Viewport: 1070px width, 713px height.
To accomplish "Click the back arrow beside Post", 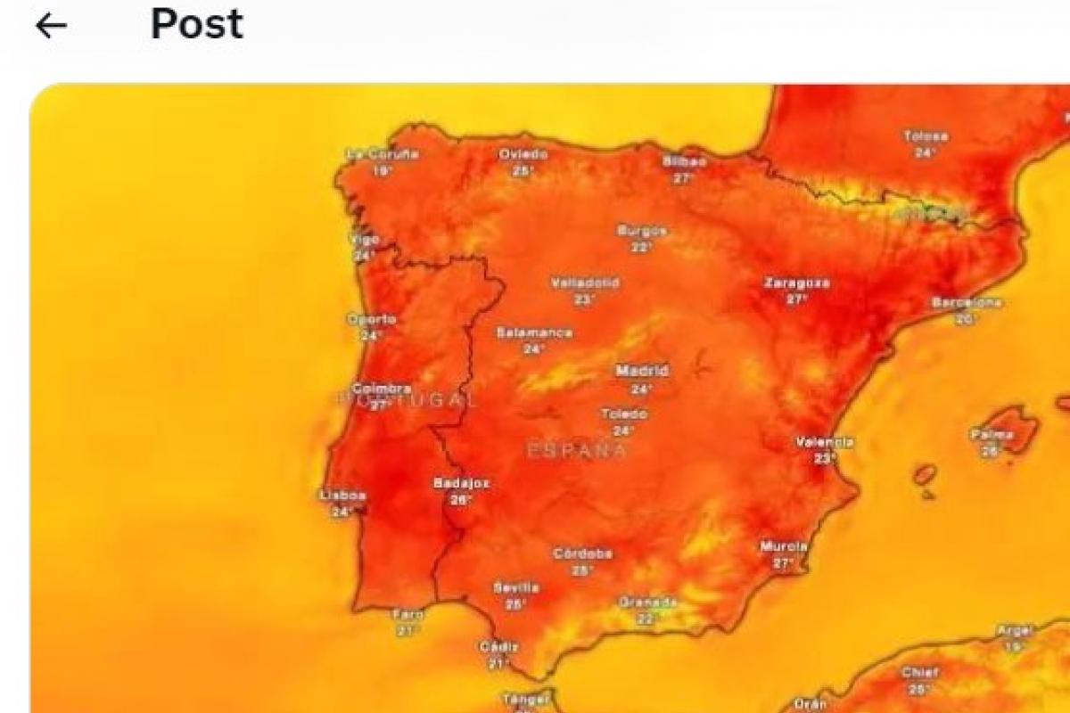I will pos(51,26).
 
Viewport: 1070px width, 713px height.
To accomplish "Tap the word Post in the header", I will pos(196,24).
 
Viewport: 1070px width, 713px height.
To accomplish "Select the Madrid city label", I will pos(642,370).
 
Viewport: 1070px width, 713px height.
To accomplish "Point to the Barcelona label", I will pos(967,303).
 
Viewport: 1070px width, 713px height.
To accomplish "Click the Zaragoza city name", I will pos(796,283).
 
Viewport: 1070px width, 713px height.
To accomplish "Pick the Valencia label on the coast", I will pos(825,442).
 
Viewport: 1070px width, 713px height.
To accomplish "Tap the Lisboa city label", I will pos(343,495).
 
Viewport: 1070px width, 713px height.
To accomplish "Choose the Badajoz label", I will pos(461,483).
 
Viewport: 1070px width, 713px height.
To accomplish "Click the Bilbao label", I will pos(684,161).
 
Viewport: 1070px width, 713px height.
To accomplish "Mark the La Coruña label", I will pos(382,154).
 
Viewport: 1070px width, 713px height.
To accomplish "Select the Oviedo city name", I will pos(523,154).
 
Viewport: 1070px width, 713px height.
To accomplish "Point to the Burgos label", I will pos(642,231).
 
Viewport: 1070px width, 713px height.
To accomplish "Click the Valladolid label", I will pos(584,283).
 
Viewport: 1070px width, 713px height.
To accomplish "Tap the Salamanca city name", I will pos(534,332).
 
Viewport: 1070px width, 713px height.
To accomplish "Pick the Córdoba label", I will pos(582,553).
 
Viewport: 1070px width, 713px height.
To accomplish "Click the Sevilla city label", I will pos(515,587).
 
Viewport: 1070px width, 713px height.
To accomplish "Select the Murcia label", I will pos(784,546).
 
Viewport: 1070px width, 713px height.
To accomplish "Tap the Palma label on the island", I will pos(992,435).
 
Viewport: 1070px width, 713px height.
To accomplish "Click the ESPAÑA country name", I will pos(577,451).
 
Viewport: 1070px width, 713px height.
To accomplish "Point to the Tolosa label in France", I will pos(926,137).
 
